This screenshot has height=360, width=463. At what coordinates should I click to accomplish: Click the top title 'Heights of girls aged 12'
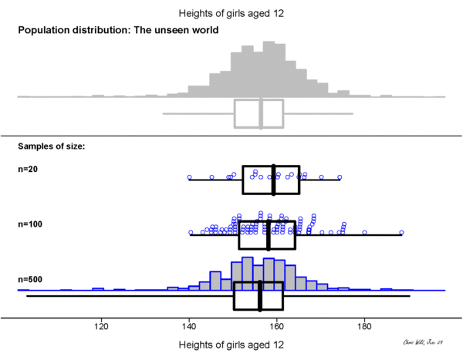click(231, 13)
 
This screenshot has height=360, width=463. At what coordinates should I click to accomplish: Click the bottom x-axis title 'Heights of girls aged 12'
click(231, 345)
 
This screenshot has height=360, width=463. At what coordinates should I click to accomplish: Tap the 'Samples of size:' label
click(51, 146)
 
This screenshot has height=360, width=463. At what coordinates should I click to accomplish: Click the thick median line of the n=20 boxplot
click(274, 180)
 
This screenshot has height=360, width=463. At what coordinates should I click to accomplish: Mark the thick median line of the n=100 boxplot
click(268, 234)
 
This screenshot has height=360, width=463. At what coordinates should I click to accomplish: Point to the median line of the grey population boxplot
click(261, 113)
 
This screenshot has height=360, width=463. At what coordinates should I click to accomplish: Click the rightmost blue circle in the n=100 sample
click(401, 232)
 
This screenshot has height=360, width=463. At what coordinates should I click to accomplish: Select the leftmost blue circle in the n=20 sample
click(190, 177)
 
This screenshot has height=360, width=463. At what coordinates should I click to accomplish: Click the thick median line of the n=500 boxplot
click(259, 296)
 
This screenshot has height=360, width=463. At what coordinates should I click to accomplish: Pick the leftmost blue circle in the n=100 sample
click(191, 232)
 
